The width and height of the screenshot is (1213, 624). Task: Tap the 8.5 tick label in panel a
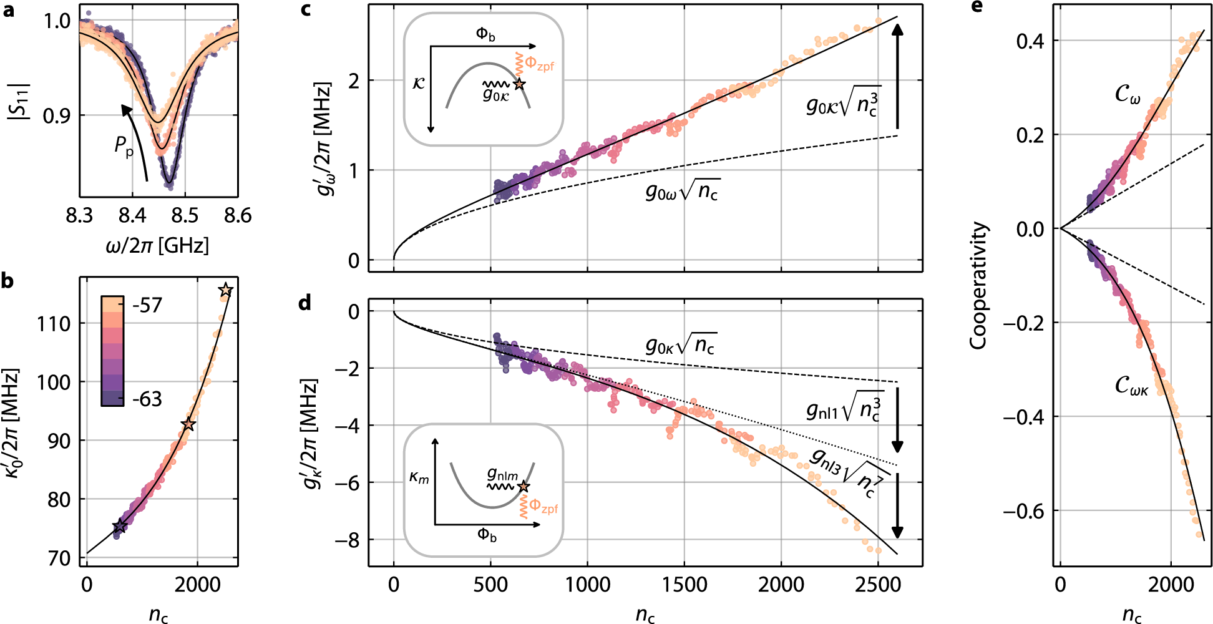click(185, 216)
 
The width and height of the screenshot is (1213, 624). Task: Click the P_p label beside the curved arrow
click(124, 147)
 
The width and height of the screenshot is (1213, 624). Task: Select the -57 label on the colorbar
click(147, 305)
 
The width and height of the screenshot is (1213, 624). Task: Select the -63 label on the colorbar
click(147, 399)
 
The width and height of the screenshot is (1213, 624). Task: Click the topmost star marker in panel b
click(226, 290)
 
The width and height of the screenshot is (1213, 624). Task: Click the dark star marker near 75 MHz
click(119, 527)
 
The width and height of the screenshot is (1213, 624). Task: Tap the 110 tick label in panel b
click(54, 324)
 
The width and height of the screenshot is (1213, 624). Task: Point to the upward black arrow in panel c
click(897, 75)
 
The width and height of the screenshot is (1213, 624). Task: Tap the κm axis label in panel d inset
click(419, 478)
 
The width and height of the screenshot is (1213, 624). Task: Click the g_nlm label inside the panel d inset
click(502, 475)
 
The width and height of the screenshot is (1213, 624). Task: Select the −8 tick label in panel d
click(347, 540)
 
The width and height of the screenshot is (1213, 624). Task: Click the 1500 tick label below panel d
click(684, 585)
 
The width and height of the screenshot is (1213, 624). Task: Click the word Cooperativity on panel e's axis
click(978, 285)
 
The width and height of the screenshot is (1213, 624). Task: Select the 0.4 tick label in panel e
click(1030, 41)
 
